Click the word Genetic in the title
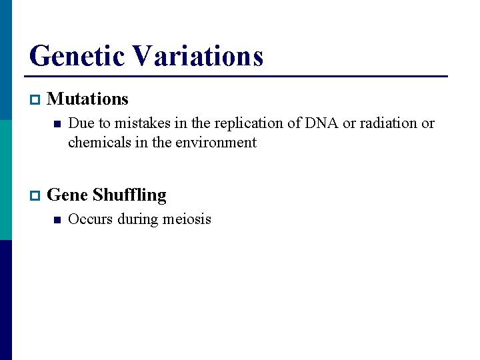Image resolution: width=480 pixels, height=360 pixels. click(x=79, y=56)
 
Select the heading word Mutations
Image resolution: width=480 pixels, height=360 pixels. click(x=88, y=99)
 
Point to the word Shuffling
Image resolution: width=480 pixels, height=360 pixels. click(x=129, y=195)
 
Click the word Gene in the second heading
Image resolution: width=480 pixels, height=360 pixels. click(x=68, y=195)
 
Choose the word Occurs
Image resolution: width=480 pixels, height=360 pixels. click(x=91, y=219)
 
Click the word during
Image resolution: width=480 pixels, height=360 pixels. click(x=133, y=219)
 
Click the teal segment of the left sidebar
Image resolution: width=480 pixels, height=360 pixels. click(x=5, y=180)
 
